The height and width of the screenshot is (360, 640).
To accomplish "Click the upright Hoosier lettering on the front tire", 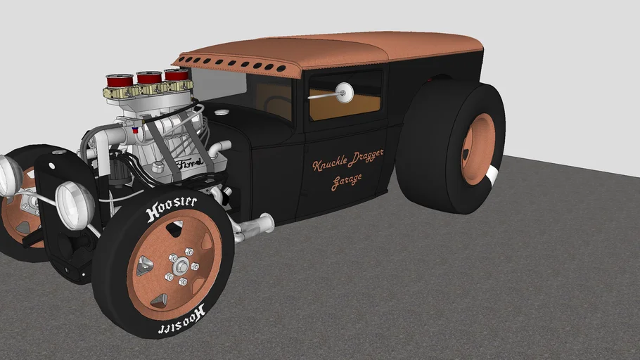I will [172, 208].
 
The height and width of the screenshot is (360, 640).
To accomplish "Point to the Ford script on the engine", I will [189, 165].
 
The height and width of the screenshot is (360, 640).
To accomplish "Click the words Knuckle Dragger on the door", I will [348, 161].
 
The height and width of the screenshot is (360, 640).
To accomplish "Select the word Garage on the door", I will [347, 180].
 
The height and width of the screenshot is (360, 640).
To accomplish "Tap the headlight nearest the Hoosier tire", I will [75, 205].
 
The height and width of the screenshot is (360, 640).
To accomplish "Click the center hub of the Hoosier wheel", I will [181, 266].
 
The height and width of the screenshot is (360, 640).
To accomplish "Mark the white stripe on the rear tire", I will [494, 176].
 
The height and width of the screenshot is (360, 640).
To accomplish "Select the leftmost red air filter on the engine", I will [120, 82].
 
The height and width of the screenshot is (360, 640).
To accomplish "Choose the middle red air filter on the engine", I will [149, 77].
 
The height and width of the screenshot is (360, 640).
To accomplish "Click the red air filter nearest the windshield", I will [176, 74].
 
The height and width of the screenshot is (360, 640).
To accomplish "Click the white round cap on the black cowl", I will [222, 111].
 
